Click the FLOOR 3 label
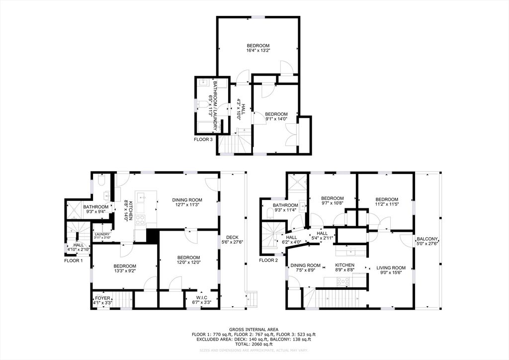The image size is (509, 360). pyautogui.click(x=203, y=140)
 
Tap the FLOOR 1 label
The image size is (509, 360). pyautogui.click(x=74, y=260)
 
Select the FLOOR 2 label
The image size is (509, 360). pyautogui.click(x=269, y=260)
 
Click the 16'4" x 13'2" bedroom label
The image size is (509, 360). pyautogui.click(x=257, y=48)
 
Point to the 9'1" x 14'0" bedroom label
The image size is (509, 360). pyautogui.click(x=276, y=116)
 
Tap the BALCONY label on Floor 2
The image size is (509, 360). pyautogui.click(x=427, y=241)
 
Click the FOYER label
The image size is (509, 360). pyautogui.click(x=102, y=300)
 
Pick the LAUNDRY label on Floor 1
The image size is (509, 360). pyautogui.click(x=102, y=235)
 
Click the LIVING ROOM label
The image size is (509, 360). pyautogui.click(x=391, y=270)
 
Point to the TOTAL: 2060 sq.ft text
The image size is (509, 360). pyautogui.click(x=254, y=344)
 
